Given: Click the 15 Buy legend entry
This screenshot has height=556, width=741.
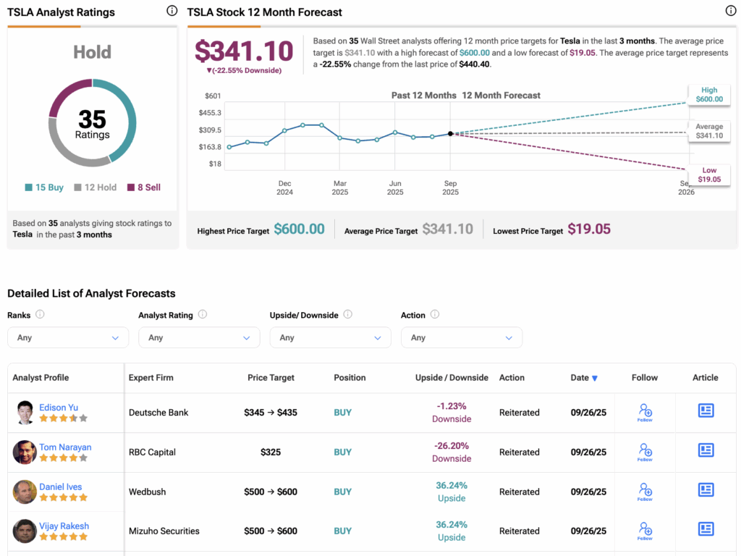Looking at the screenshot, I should point(45,188).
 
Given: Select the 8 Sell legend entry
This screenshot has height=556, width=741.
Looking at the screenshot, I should point(144,188).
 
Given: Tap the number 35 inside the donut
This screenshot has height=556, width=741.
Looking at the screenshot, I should point(93,119).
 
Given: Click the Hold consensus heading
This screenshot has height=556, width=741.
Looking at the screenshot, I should point(93,52).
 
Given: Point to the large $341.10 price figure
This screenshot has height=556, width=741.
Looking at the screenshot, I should point(244,51).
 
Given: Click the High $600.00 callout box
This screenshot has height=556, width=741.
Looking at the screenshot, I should point(709,95).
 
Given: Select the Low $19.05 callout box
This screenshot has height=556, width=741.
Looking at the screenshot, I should point(709,174).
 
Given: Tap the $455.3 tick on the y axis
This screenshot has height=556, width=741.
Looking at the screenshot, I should point(210,113).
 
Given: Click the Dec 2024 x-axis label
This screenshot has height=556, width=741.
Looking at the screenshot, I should point(284,188).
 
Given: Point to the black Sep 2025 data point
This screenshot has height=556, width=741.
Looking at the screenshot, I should point(450,133).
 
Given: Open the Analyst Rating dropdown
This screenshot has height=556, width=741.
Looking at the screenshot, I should point(199,337).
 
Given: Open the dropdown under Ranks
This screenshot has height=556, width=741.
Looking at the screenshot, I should point(68,337).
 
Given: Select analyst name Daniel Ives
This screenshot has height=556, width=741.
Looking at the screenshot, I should point(60,487).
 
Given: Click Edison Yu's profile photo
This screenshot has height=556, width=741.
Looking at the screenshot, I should point(25,413).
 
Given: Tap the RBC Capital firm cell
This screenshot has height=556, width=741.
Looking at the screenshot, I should point(152,452).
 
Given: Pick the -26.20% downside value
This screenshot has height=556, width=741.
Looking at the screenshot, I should point(452,446).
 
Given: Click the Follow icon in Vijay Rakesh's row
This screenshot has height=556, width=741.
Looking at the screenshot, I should point(645,531).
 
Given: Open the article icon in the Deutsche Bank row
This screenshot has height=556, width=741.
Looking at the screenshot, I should point(706,411).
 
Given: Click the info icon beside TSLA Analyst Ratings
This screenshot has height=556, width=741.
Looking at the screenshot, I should point(172,11).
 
